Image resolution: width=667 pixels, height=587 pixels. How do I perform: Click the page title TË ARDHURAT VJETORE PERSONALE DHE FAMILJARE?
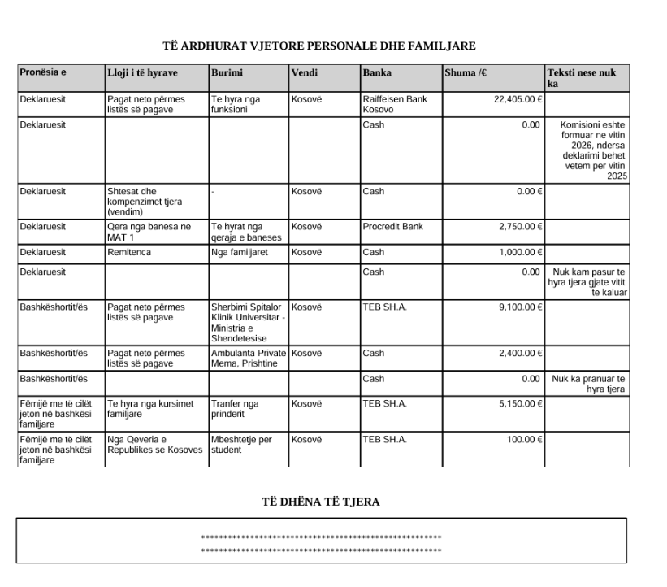pos(319,46)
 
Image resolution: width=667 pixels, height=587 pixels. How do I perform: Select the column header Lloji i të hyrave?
pos(142,72)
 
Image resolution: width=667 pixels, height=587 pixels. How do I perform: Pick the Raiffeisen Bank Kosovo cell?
pos(395,104)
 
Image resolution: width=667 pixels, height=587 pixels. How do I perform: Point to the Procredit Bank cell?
pos(393,226)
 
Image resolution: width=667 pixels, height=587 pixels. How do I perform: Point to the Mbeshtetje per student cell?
pos(241,444)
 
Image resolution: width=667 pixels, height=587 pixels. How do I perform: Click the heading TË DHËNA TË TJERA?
pos(321,502)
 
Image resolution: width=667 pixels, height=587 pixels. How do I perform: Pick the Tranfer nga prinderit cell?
pos(235,408)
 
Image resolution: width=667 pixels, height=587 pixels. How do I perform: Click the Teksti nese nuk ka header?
pos(582,78)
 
